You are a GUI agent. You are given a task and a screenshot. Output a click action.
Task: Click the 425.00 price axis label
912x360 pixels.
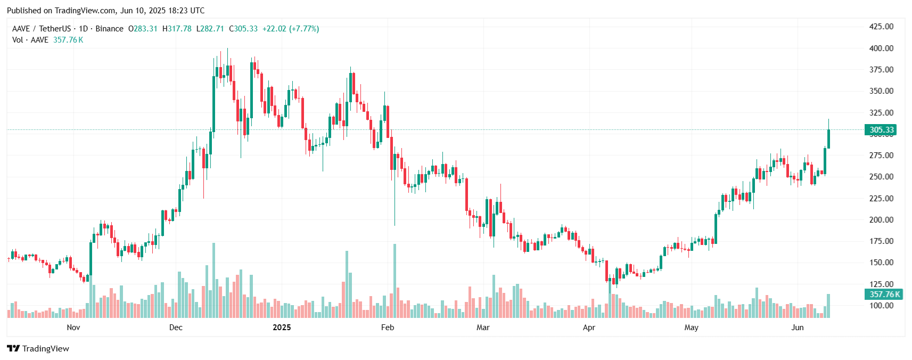coord(881,27)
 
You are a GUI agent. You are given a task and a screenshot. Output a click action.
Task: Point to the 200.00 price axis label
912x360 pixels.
coord(881,219)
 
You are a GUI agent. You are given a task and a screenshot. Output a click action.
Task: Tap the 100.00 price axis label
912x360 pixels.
coord(881,306)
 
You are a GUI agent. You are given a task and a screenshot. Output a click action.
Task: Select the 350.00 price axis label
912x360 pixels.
coord(881,91)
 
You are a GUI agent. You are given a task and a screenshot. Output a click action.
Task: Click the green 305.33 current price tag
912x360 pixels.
coord(881,130)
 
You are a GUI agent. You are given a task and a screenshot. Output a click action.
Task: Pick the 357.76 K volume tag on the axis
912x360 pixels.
coord(883,294)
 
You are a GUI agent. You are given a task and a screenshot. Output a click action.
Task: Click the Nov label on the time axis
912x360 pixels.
coord(73,328)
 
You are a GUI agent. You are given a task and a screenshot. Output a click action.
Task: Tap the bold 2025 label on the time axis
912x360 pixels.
coord(282,328)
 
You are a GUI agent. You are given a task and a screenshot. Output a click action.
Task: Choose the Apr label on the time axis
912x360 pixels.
coord(589,328)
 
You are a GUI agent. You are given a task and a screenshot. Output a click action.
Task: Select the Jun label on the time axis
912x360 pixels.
coord(797,328)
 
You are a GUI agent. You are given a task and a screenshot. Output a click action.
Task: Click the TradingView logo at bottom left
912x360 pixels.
coord(38,348)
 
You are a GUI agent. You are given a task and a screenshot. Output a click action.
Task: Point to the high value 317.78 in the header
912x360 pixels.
coord(179,29)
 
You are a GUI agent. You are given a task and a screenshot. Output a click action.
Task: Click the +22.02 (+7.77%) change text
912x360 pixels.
coord(291,29)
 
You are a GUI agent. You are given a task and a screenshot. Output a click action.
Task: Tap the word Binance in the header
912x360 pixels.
coord(109,29)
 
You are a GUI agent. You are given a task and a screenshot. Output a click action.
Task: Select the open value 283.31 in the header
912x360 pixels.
coord(145,29)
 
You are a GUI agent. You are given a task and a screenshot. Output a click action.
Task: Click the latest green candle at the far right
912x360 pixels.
coord(828,138)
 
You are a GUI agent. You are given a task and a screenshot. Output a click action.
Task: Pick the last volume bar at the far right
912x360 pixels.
coord(828,306)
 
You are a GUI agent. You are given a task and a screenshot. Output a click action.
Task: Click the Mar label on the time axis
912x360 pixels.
coord(483,328)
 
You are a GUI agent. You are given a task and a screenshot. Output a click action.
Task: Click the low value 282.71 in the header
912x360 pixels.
coord(212,29)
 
